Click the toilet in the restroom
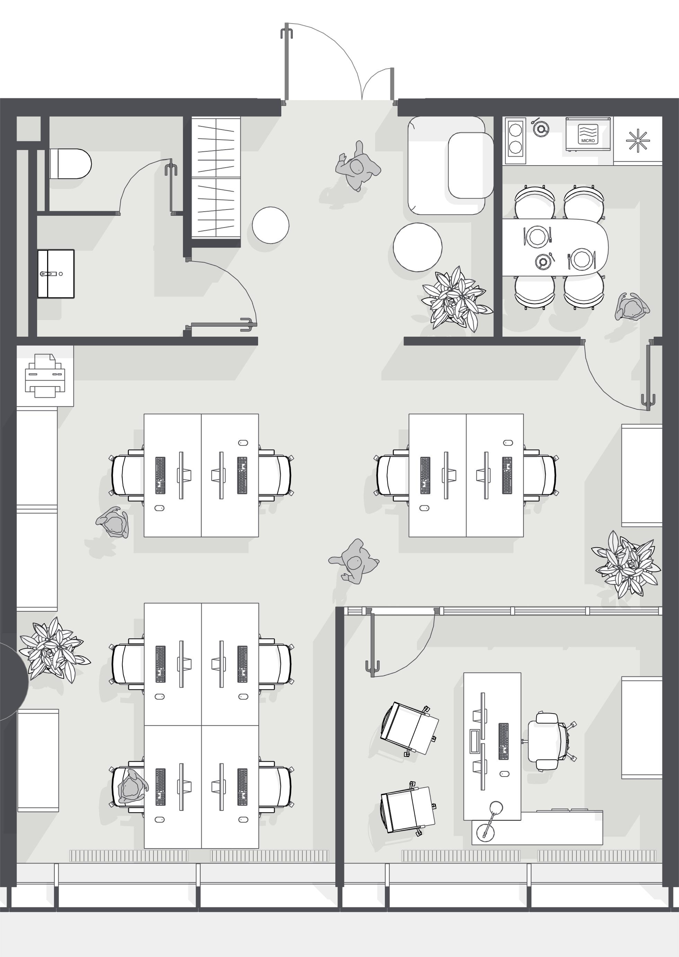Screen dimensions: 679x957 tap(70, 163)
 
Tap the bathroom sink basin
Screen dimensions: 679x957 tap(56, 274)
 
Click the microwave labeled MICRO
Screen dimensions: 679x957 tap(588, 134)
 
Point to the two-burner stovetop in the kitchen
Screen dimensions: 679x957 tap(515, 140)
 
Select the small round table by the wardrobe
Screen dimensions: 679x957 tap(271, 225)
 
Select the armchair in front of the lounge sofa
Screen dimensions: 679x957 tap(471, 166)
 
